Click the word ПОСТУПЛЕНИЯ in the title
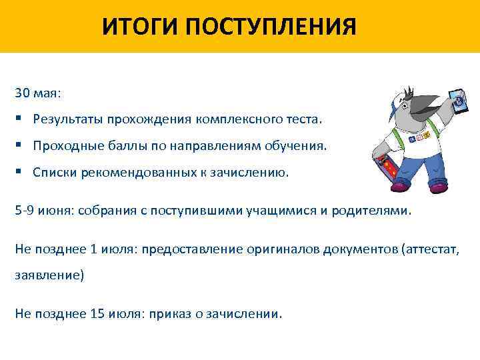[271, 27]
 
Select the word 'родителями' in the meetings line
[378, 211]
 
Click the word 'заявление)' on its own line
[49, 275]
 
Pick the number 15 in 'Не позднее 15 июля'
[96, 313]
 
